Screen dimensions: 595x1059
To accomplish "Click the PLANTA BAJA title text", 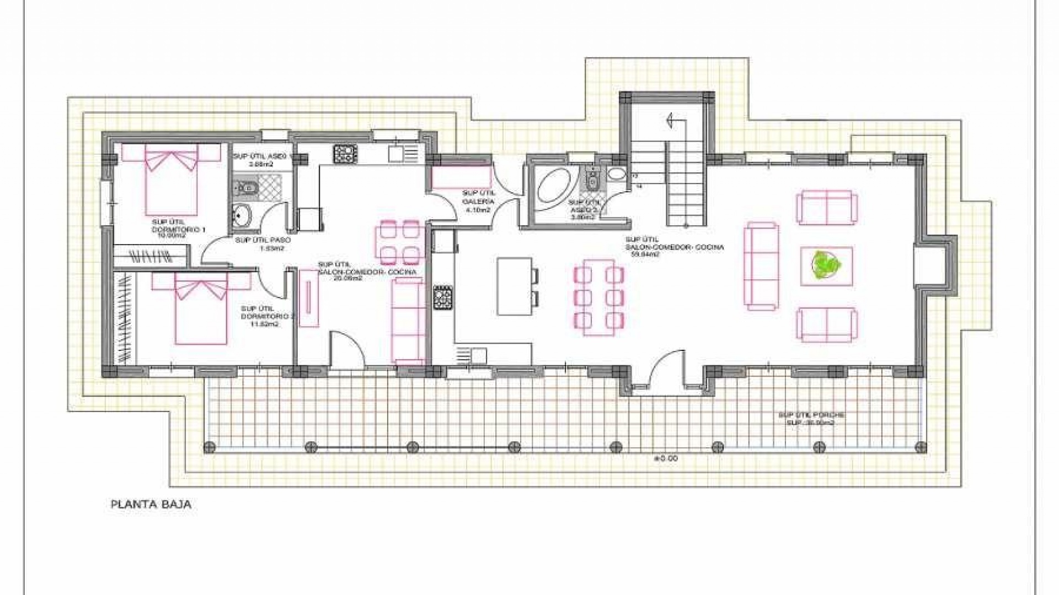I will [x=151, y=504].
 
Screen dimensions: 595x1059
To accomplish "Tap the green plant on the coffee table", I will [x=826, y=266].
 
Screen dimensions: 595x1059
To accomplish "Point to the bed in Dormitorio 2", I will [x=201, y=309].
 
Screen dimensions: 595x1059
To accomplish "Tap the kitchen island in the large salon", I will [x=514, y=286].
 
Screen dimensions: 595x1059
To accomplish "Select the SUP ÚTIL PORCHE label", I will [x=811, y=419].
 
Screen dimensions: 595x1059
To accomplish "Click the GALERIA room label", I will [x=478, y=202].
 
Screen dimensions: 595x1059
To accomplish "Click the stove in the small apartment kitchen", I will [x=346, y=153].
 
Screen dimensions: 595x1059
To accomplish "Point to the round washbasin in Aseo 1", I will [x=240, y=215].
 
